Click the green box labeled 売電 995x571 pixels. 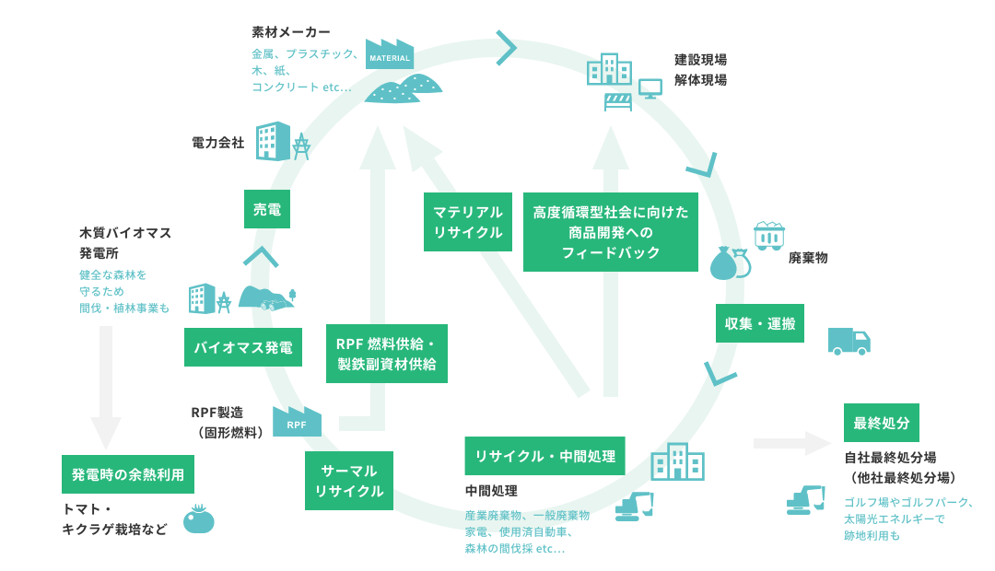[x=267, y=209]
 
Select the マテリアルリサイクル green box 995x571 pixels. [x=468, y=222]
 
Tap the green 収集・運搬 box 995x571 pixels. [x=759, y=323]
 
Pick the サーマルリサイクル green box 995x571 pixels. [x=349, y=481]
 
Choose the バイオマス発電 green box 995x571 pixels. [x=243, y=347]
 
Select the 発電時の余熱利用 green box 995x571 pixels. [x=128, y=474]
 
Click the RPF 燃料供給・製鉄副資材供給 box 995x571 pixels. [x=387, y=354]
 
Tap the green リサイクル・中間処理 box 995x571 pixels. [x=544, y=455]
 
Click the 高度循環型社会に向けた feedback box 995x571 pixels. [x=611, y=232]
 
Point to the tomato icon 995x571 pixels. [x=198, y=520]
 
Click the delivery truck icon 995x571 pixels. [x=849, y=342]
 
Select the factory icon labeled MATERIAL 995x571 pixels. [x=389, y=54]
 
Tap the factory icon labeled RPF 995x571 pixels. [x=297, y=422]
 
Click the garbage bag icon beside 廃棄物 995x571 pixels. [x=727, y=262]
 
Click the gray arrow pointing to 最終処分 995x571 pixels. [x=791, y=443]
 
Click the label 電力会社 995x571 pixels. [x=218, y=143]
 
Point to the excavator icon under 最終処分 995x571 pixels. [x=807, y=499]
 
